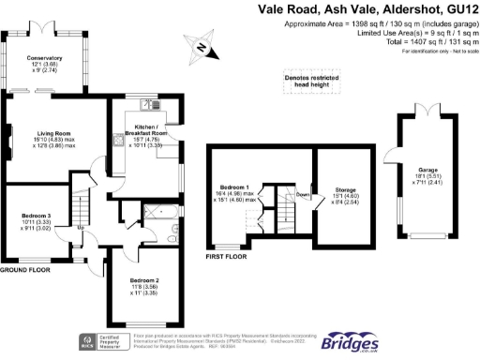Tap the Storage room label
tap(334, 190)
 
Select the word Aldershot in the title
tap(405, 10)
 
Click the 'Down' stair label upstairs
tap(303, 195)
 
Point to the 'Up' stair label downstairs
tap(81, 228)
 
